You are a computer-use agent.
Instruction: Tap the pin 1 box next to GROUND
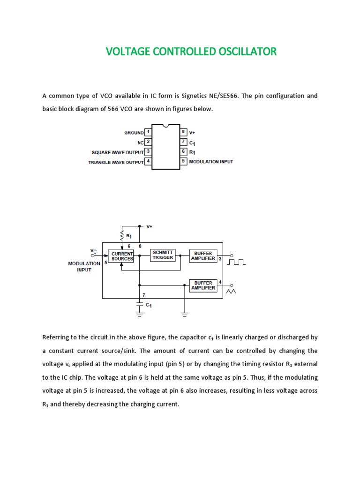[x=148, y=132]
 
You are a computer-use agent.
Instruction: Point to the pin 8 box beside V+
[x=184, y=132]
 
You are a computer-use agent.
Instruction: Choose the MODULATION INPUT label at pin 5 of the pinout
[x=211, y=162]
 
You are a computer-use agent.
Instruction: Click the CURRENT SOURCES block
[x=122, y=256]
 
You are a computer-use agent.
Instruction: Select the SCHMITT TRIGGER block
[x=163, y=255]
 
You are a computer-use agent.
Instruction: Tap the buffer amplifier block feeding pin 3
[x=203, y=255]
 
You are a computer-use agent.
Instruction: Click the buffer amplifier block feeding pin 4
[x=203, y=285]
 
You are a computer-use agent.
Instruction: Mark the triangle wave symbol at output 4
[x=232, y=292]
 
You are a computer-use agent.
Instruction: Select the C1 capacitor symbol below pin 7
[x=139, y=305]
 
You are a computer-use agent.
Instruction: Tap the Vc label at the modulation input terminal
[x=93, y=251]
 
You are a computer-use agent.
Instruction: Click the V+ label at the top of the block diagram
[x=150, y=226]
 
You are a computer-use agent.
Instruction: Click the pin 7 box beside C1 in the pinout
[x=184, y=142]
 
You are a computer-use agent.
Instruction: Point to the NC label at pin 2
[x=140, y=142]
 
